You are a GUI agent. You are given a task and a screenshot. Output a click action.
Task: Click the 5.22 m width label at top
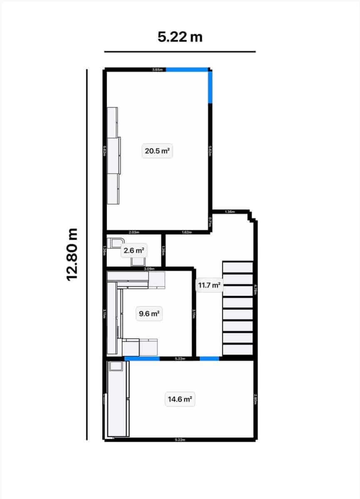click(180, 37)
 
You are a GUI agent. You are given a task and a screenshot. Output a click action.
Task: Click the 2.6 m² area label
click(133, 251)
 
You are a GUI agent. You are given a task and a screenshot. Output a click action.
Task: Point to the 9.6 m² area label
click(149, 314)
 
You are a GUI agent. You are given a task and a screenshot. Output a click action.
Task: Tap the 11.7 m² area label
click(209, 285)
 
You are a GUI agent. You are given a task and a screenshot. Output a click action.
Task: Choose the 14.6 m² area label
click(179, 400)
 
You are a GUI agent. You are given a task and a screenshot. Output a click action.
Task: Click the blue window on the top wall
click(187, 69)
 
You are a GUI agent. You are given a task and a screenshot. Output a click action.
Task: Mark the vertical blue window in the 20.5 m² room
click(211, 86)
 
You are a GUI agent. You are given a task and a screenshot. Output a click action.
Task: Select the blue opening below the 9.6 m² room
click(142, 358)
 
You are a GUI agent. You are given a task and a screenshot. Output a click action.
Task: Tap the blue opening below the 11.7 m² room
click(209, 358)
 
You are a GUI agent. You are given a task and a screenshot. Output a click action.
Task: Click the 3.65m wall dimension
click(157, 69)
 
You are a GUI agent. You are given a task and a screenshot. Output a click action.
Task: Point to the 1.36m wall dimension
click(229, 212)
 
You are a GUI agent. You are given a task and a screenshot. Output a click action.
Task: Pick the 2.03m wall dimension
click(134, 232)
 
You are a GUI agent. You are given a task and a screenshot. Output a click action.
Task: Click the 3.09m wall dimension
click(149, 269)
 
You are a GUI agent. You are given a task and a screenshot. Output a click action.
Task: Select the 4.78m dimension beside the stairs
click(256, 289)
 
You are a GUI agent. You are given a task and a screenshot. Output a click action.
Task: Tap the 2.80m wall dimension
click(255, 399)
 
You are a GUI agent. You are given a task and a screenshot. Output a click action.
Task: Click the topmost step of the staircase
click(238, 267)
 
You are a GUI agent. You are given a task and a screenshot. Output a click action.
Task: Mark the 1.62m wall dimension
click(186, 232)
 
